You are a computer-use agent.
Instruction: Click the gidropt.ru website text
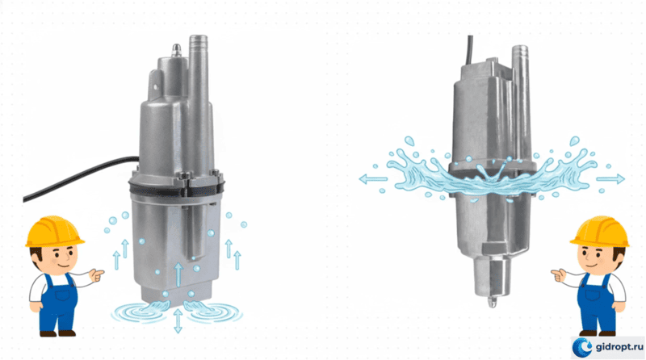click(x=619, y=347)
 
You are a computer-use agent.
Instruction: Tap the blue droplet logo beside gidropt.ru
click(x=583, y=347)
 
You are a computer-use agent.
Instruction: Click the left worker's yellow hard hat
click(x=54, y=232)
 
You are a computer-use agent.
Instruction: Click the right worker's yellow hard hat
click(x=600, y=232)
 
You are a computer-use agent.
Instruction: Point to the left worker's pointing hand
click(x=96, y=274)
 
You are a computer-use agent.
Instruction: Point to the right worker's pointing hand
click(x=558, y=274)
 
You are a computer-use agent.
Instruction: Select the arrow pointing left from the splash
click(x=373, y=179)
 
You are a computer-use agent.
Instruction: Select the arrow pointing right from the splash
click(x=610, y=179)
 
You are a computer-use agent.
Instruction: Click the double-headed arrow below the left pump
click(x=178, y=320)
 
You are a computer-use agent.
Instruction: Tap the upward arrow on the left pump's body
click(x=178, y=274)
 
